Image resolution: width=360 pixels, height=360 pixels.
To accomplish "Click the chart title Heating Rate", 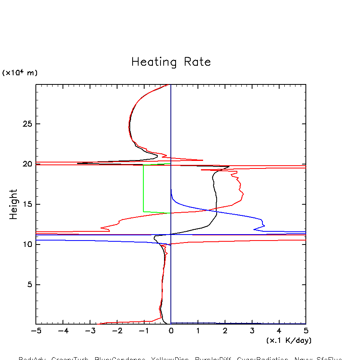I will pos(171,62).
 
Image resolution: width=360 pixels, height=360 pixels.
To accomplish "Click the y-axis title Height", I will pos(14,204).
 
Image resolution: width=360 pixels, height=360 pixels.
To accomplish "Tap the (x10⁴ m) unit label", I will pos(20,73).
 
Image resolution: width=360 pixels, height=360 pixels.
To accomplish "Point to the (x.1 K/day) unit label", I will pos(289,340).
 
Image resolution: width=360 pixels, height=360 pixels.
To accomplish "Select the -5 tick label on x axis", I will pos(36,331).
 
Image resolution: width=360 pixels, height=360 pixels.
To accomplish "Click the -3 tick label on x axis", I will pos(90,331).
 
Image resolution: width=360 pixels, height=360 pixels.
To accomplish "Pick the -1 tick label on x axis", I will pos(144,331).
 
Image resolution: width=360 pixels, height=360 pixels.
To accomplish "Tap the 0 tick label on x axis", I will pos(171,331).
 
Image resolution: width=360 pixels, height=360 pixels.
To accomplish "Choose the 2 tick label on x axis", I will pos(225,331).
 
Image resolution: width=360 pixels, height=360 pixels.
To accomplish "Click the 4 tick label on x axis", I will pos(279,331).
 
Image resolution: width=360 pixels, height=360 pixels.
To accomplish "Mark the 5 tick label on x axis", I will pos(306,331).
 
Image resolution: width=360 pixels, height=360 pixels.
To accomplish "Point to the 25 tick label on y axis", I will pos(26,124).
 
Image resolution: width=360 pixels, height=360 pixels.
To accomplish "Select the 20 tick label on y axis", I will pos(26,164).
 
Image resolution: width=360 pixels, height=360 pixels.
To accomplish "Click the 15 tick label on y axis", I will pos(26,204).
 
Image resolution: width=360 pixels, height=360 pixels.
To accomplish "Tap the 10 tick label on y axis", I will pos(26,244).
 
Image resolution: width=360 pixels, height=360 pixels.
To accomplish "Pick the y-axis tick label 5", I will pos(29,284).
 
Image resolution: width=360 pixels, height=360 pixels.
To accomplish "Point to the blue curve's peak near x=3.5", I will pos(264,226).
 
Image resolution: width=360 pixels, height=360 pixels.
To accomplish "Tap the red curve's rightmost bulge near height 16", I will pos(243,194).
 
